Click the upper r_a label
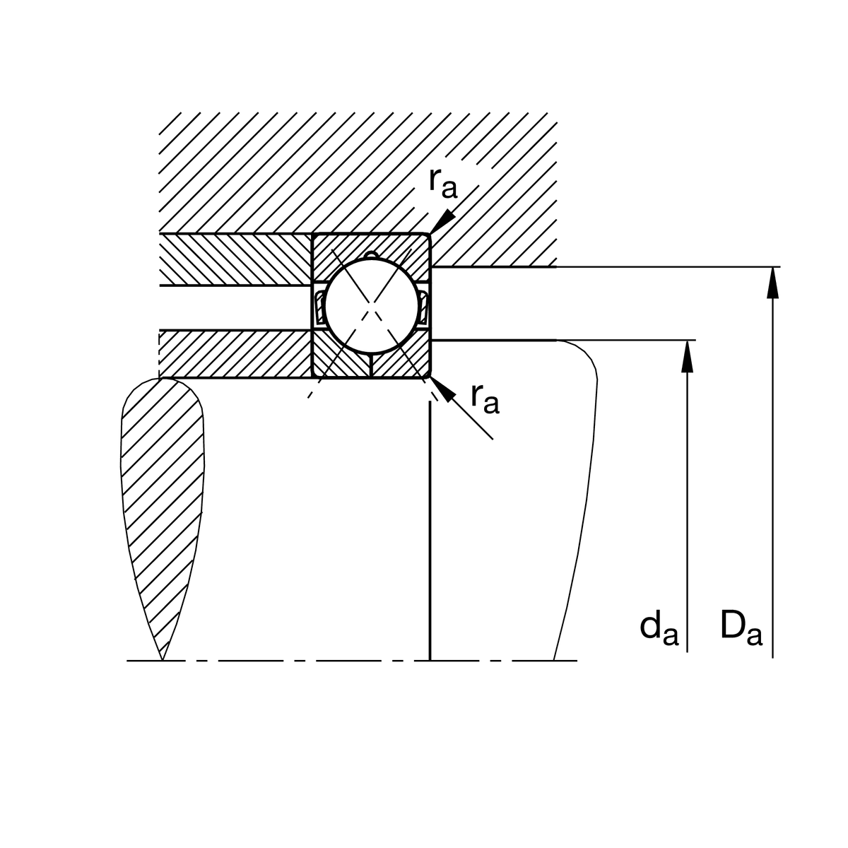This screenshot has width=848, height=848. [443, 183]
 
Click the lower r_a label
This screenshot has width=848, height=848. [485, 399]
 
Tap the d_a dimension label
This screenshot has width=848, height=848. [659, 630]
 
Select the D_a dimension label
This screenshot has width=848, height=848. [741, 626]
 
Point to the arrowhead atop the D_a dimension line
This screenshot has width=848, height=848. [773, 283]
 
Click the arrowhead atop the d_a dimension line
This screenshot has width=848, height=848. [687, 356]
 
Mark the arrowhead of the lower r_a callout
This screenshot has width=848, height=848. [442, 389]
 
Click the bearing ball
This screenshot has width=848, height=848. [372, 306]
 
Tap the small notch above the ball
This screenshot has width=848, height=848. [372, 254]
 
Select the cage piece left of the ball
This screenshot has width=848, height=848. [319, 306]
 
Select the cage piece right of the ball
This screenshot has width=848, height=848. [423, 306]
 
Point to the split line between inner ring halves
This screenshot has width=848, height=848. [372, 365]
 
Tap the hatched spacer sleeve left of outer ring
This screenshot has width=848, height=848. [235, 259]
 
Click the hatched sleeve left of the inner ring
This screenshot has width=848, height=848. [235, 354]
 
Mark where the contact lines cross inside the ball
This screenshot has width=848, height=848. [372, 305]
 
